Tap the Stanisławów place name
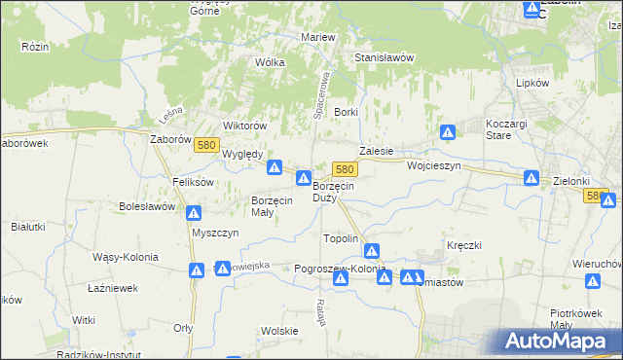(385, 57)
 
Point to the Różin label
(35, 46)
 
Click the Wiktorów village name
(244, 126)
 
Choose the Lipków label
(532, 84)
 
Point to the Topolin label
(341, 238)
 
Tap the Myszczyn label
(214, 234)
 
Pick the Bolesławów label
(147, 206)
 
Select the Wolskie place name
(278, 331)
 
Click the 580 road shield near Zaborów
(204, 145)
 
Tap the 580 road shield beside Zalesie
(343, 168)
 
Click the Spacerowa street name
(318, 89)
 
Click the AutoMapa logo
(558, 341)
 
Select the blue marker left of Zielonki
(531, 178)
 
